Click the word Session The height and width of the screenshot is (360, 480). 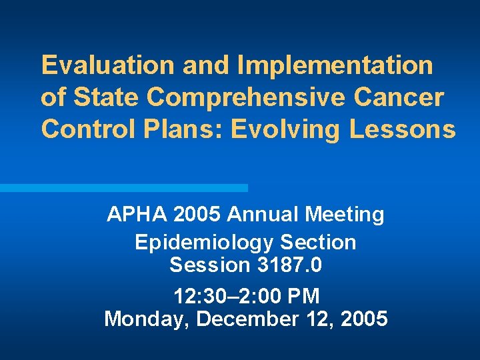[209, 265]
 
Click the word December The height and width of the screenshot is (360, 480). [242, 319]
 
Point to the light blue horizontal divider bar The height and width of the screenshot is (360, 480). [123, 188]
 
